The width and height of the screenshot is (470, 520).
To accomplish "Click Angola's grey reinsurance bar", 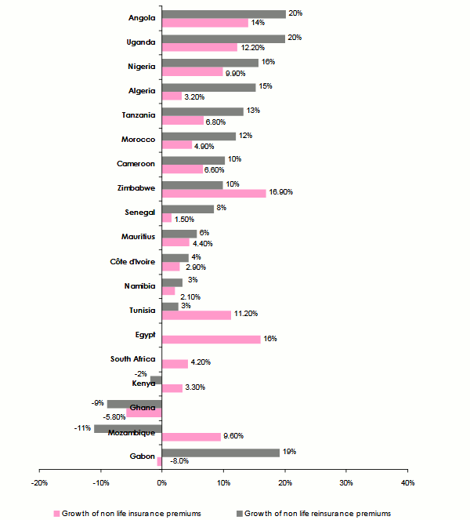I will [223, 14].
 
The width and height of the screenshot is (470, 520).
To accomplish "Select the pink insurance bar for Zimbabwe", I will [213, 193].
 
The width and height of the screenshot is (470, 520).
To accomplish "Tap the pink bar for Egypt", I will [211, 339].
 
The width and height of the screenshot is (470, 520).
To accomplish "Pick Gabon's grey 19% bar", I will [220, 453].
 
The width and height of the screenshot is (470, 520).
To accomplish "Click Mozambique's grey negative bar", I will [127, 428].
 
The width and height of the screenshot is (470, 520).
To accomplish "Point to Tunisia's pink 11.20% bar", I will [196, 315].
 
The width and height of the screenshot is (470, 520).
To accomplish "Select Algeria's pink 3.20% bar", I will [172, 96].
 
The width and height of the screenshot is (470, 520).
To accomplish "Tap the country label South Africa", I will [133, 358].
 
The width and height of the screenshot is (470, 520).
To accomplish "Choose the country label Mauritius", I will [139, 236].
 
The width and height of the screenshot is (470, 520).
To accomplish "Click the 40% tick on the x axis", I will [407, 482].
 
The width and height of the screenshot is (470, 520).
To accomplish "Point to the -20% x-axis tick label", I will [39, 482].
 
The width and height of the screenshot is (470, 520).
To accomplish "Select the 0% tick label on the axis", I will [161, 482].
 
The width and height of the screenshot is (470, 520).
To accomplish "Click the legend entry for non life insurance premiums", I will [130, 513].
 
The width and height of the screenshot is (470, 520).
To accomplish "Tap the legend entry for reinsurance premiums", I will [317, 513].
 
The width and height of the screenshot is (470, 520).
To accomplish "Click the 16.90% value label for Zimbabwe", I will [282, 194].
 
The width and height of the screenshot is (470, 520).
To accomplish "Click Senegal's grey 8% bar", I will [187, 209].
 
